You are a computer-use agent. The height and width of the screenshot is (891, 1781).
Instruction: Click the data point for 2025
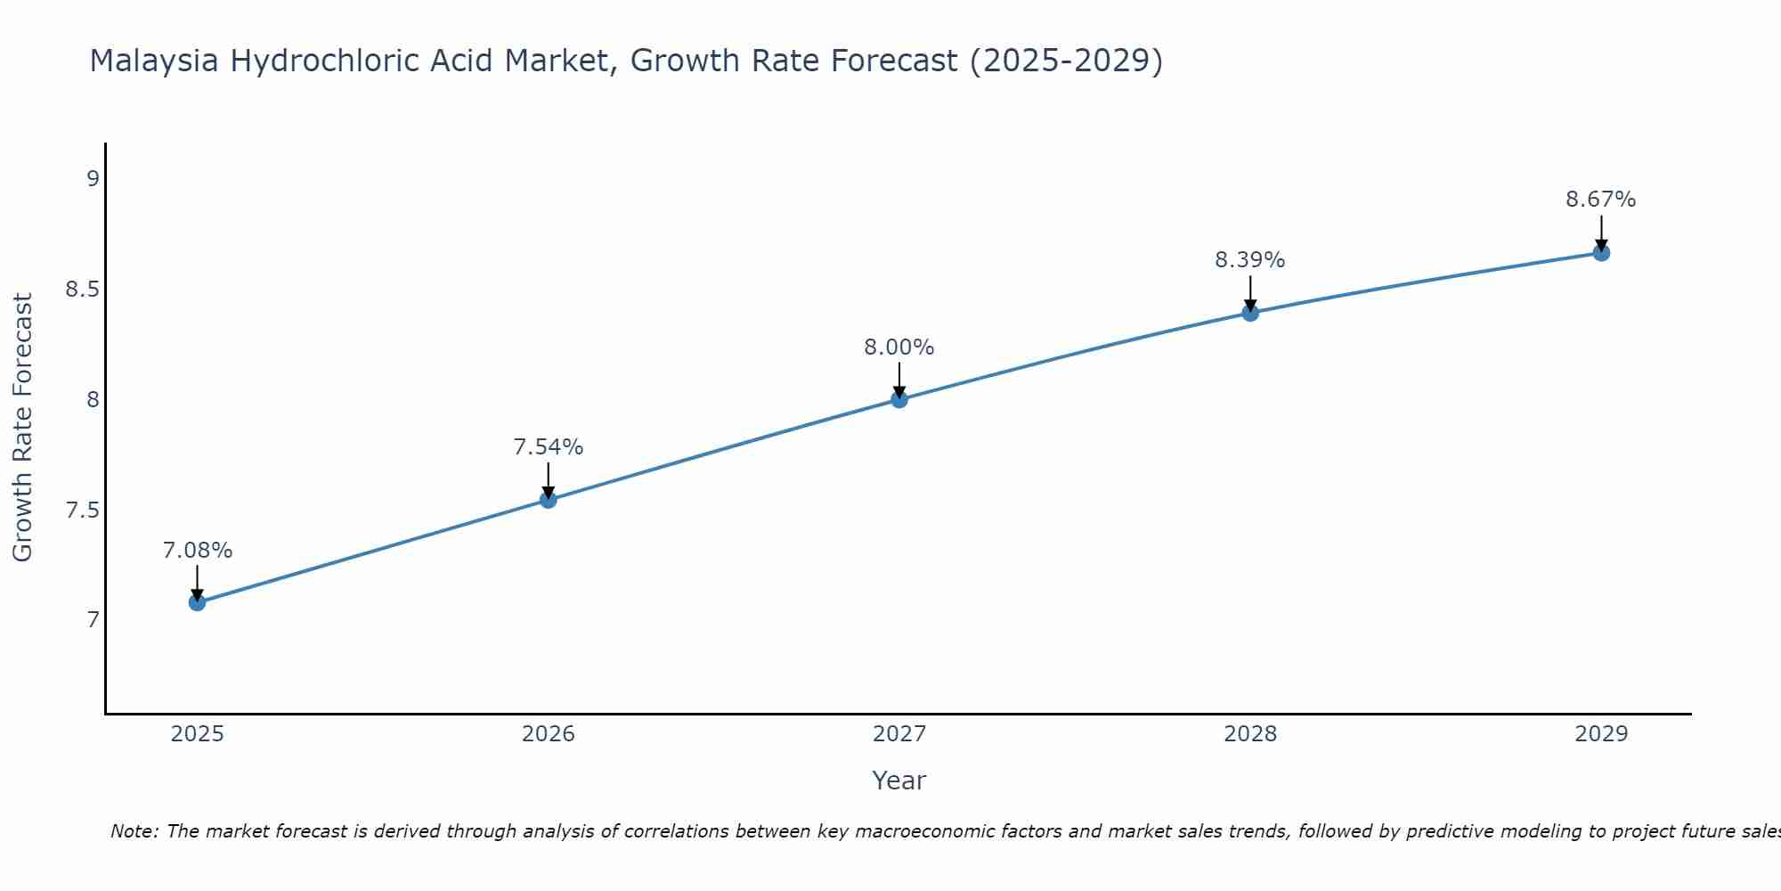tap(197, 602)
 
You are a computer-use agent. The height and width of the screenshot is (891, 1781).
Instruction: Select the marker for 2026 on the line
tap(548, 500)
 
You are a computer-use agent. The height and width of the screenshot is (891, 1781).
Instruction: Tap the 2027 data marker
tap(899, 399)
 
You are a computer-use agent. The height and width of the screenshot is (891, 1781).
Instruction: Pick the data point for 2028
tap(1249, 313)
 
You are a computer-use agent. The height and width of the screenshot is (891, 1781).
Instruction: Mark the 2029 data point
tap(1600, 253)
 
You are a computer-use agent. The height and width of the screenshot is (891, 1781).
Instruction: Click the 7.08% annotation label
tap(197, 551)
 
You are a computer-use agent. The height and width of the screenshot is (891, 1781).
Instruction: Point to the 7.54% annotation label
tap(548, 447)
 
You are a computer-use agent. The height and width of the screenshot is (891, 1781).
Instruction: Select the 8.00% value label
tap(899, 347)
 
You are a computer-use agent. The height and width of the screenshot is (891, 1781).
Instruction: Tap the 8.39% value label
tap(1249, 260)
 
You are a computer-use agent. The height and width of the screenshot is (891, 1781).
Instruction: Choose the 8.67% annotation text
tap(1600, 200)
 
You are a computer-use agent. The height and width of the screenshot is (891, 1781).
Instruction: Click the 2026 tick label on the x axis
tap(548, 734)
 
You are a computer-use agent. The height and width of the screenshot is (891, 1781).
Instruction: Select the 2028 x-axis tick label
tap(1249, 734)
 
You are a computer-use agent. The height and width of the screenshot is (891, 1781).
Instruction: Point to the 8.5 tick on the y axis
tap(82, 290)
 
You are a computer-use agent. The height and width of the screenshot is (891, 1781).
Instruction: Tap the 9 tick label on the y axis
tap(93, 179)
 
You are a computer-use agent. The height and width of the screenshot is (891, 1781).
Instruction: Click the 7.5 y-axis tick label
tap(82, 511)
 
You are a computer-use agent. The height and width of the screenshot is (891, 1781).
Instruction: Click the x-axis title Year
tap(899, 781)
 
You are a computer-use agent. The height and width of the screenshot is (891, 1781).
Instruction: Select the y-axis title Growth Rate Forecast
tap(22, 427)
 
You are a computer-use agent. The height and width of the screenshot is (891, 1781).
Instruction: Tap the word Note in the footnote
tap(134, 831)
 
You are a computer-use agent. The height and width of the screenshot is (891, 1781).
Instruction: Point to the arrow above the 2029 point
tap(1600, 233)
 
